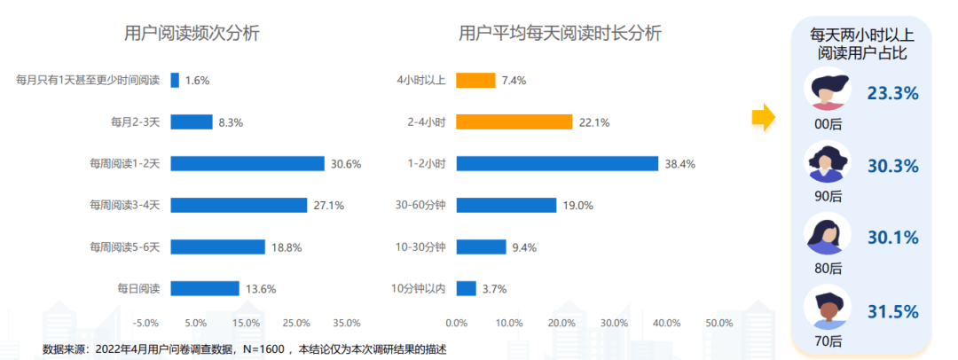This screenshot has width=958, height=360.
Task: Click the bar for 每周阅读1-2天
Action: (x=247, y=163)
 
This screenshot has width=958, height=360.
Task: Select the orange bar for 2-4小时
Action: (x=514, y=121)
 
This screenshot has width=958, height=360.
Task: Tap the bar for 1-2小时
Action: (x=556, y=163)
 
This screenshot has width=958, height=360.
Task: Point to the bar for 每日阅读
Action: (x=204, y=288)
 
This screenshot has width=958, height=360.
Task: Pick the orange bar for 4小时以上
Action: (x=475, y=80)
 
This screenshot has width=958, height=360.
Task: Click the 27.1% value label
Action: (x=329, y=206)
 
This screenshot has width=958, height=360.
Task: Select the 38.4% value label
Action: (x=680, y=164)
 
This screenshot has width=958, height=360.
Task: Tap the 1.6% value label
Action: (x=198, y=81)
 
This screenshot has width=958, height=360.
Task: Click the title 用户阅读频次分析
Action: (x=192, y=35)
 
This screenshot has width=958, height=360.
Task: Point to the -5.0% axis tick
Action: (x=145, y=323)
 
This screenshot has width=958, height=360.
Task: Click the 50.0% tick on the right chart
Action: (x=718, y=323)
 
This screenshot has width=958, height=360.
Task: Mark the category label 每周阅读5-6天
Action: (x=124, y=247)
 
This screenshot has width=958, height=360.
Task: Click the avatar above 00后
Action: (x=827, y=90)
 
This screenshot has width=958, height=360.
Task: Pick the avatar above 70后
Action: (x=827, y=307)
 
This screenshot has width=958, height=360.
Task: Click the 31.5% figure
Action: (x=892, y=311)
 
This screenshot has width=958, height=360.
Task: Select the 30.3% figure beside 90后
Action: (x=892, y=166)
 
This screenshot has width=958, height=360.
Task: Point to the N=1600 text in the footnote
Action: (x=268, y=348)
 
